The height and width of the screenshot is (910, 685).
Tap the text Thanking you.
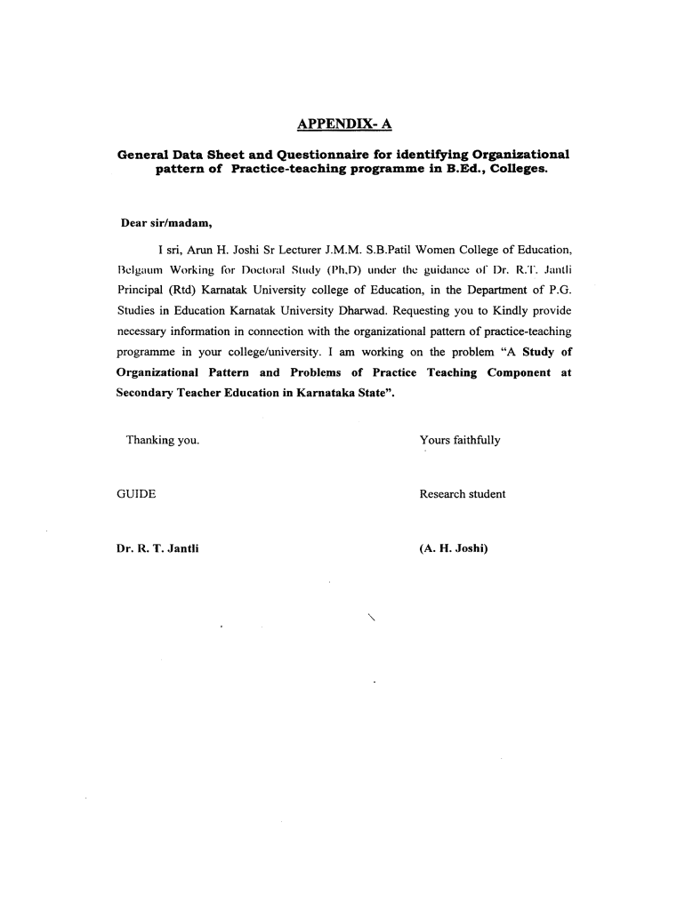162,440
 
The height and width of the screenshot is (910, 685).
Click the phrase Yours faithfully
460,440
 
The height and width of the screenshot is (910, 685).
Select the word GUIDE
136,494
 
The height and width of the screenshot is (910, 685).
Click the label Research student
463,494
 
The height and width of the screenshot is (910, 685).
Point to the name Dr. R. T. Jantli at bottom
157,548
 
